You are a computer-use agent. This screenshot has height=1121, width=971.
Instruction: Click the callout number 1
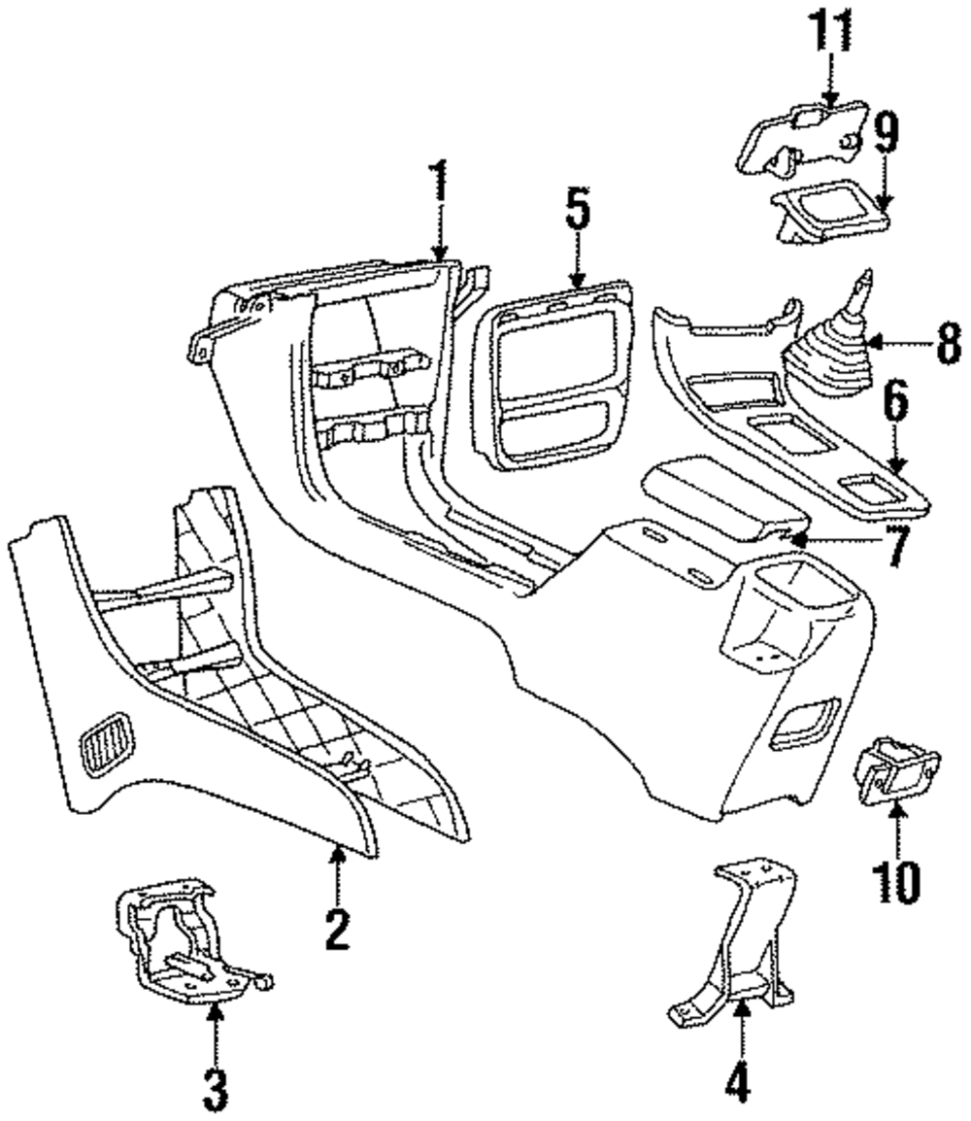pos(440,181)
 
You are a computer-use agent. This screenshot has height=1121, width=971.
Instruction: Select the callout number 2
pos(337,930)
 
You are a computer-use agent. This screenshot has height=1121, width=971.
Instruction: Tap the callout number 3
pos(216,1089)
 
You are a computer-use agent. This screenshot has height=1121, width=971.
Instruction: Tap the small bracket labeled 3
pos(180,937)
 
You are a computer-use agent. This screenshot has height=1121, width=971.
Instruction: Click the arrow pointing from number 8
pos(898,343)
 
